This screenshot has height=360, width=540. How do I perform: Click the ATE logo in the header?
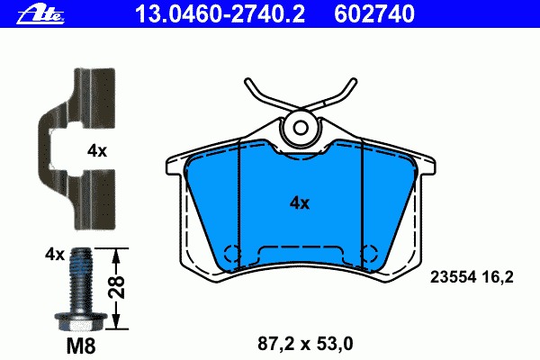coord(40,14)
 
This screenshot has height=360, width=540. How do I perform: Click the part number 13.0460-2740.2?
coord(220,14)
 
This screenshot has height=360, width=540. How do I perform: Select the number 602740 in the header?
coord(374,14)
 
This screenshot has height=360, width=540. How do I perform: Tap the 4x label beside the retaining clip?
coord(97,151)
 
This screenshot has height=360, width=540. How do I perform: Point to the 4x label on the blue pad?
coord(300,203)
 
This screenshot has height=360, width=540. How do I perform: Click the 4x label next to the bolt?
coord(55,255)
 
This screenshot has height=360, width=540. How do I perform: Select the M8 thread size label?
coord(81,346)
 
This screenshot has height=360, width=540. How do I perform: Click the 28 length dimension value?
coord(116,286)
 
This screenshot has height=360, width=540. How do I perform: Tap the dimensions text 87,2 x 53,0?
coord(305,344)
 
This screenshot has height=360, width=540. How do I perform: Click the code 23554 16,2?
coord(472,277)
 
